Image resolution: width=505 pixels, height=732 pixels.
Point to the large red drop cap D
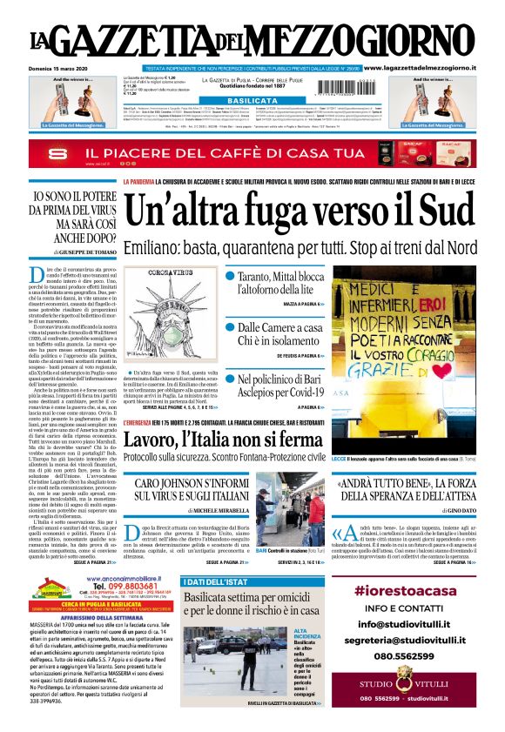(x=37, y=277)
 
